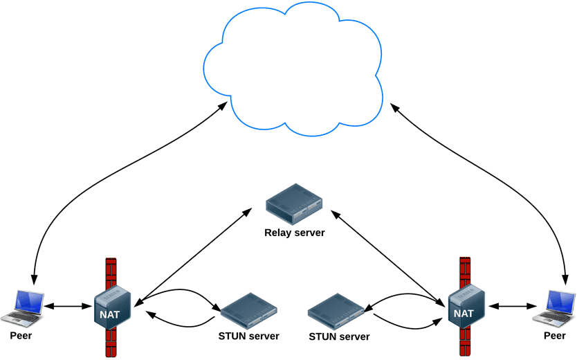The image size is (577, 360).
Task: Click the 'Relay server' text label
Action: pos(295,233)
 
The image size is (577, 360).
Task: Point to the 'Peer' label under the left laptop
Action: pos(21,336)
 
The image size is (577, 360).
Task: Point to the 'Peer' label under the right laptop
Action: pos(554,336)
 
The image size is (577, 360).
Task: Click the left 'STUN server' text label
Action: pos(248,336)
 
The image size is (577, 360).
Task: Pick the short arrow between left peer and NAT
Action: pos(69,305)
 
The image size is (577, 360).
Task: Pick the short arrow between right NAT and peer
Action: pos(512,305)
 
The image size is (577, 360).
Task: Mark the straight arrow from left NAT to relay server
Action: pos(194,256)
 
